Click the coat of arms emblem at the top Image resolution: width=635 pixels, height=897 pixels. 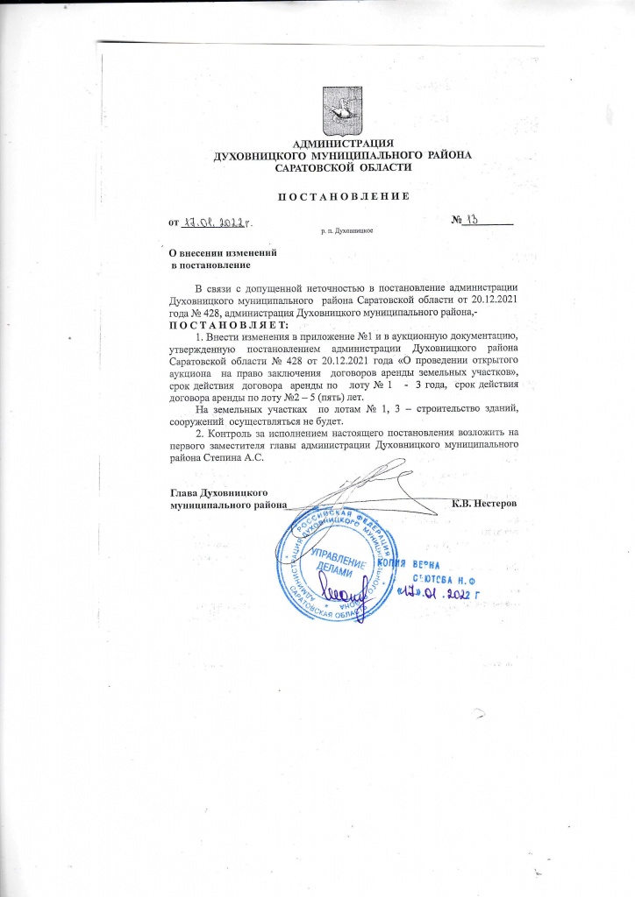click(341, 109)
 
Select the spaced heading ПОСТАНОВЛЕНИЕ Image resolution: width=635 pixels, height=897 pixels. click(343, 194)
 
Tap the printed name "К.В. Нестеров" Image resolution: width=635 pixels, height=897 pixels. click(484, 504)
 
